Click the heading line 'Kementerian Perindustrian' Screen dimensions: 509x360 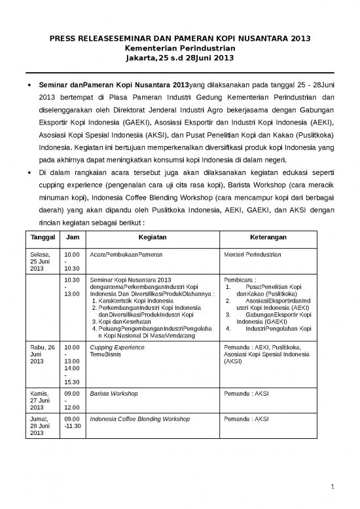tap(179, 48)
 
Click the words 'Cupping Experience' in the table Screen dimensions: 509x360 tap(117, 347)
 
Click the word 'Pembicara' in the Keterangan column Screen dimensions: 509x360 tap(240, 279)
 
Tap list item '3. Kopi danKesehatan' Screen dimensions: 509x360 tap(121, 322)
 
